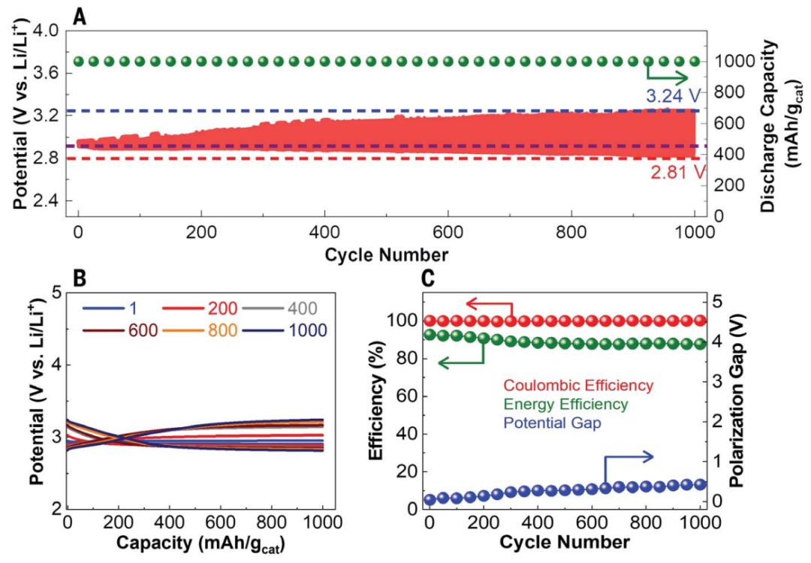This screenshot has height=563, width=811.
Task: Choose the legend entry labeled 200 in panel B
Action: pyautogui.click(x=224, y=308)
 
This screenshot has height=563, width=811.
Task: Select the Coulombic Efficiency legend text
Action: pyautogui.click(x=578, y=386)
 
